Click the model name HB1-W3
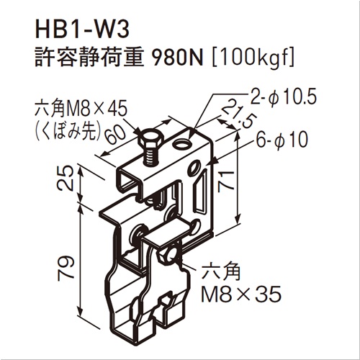[x=82, y=30]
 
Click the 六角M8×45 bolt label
[x=81, y=109]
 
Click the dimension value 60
[x=115, y=135]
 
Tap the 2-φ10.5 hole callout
[x=283, y=97]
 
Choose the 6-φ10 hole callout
[x=282, y=140]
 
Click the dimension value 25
[x=66, y=179]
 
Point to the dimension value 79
[x=66, y=266]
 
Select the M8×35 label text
[x=240, y=294]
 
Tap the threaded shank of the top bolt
[x=150, y=157]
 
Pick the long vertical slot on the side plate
[x=201, y=192]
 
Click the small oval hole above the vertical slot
[x=194, y=167]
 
